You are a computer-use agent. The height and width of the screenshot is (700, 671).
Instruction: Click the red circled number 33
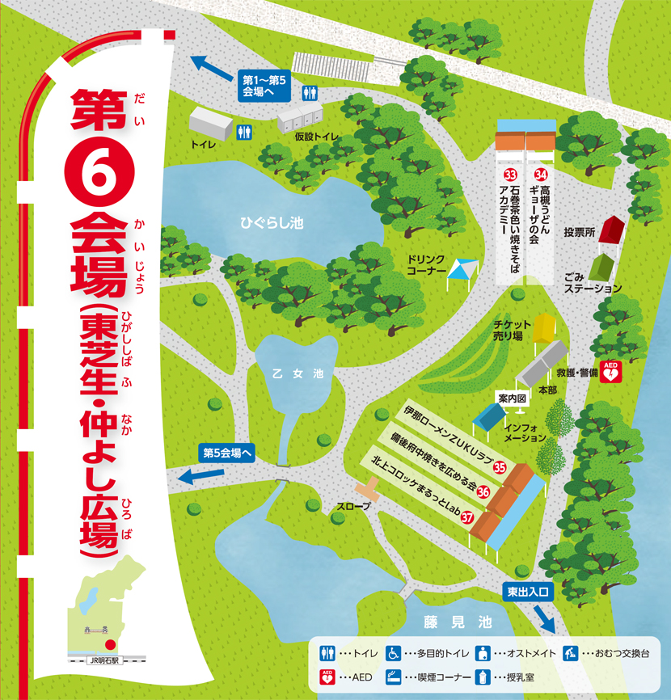[x=510, y=175]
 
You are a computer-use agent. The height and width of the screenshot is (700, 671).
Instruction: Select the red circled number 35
[x=500, y=467]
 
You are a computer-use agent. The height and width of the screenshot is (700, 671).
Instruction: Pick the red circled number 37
[x=466, y=518]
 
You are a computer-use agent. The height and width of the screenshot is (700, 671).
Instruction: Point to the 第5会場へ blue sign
[x=229, y=453]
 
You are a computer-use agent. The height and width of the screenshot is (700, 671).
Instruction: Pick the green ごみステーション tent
[x=601, y=266]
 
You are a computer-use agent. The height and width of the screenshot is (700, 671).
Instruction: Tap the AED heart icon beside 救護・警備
[x=612, y=373]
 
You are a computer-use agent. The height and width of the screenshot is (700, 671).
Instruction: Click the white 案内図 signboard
[x=512, y=398]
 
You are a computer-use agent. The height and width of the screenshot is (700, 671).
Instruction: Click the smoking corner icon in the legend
[x=392, y=677]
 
